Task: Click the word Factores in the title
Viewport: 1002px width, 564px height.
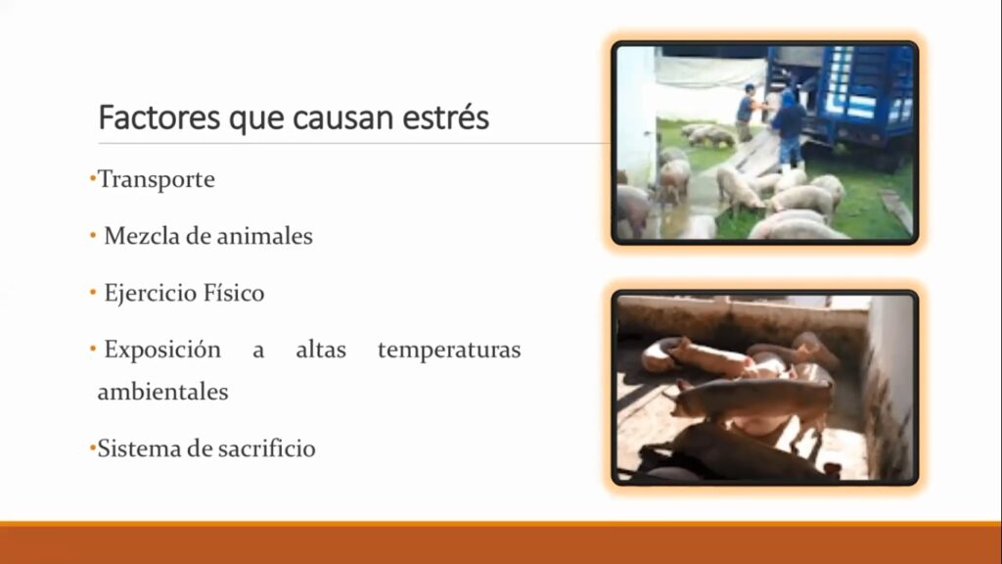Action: coord(159,117)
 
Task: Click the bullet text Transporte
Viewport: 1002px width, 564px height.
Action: coord(156,180)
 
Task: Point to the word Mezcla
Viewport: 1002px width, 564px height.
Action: coord(142,236)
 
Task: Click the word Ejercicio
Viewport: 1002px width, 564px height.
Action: coord(150,294)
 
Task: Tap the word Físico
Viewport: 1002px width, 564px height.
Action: coord(234,292)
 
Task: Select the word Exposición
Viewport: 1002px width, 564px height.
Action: coord(162,351)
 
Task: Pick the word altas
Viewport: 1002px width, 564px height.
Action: coord(321,350)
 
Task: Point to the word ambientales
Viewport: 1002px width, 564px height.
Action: coord(163,392)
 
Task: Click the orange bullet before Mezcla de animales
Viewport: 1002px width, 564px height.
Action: coord(93,236)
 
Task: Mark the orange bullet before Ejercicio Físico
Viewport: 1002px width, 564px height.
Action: coord(93,293)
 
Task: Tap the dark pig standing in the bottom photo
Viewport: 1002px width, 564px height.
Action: coord(754,402)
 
